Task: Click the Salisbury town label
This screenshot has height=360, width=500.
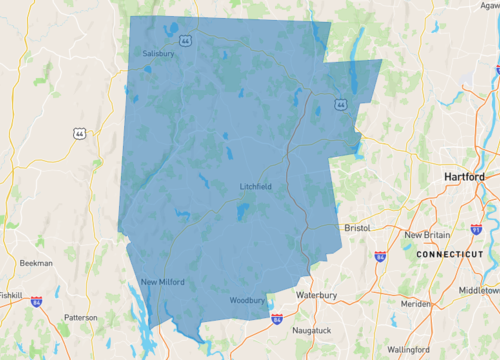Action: point(158,53)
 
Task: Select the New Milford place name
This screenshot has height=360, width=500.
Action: point(162,282)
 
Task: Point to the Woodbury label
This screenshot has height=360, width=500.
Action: point(246,300)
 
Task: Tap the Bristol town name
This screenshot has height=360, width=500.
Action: point(357,228)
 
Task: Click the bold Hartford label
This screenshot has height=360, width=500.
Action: point(464,177)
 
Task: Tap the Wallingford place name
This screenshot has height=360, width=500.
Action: point(411,350)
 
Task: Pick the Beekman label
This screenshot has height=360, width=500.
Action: point(36,262)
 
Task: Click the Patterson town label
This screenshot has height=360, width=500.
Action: point(81,318)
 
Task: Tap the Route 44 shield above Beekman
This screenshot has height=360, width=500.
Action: point(79,133)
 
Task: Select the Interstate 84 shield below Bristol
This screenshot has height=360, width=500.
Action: point(380,256)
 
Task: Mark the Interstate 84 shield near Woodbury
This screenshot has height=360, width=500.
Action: point(277,319)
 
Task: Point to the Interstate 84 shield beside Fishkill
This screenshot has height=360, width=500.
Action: point(36,300)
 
